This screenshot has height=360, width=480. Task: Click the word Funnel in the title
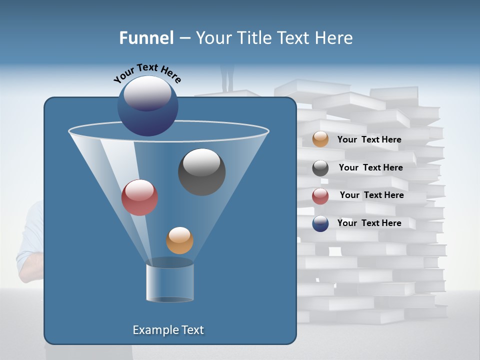point(146,38)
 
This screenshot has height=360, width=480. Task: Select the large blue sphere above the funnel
point(147,106)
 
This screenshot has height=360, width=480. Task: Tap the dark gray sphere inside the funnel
point(201,171)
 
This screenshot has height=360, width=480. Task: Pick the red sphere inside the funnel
point(139,197)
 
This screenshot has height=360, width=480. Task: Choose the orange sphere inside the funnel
point(179,240)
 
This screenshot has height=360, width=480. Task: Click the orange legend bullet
point(320,139)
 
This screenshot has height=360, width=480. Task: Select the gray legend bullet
point(320,168)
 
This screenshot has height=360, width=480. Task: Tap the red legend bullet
point(320,196)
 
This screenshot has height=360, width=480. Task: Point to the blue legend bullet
point(320,223)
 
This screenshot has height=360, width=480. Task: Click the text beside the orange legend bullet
point(369,139)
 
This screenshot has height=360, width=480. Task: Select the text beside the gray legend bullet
point(370,167)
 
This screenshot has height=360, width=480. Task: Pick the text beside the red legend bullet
point(371,195)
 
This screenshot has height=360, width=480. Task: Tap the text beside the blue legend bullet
point(369,223)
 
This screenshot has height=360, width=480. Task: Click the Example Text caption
point(168,330)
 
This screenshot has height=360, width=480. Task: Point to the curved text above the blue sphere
point(147,73)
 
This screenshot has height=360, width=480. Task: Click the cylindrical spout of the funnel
point(169,282)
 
